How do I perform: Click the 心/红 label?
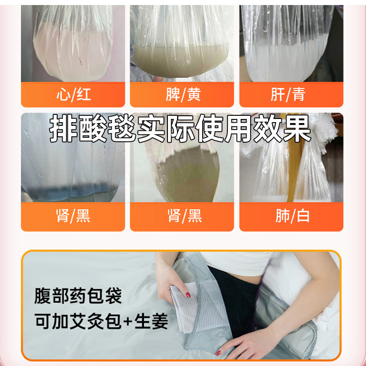(74, 94)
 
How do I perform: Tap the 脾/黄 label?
(183, 94)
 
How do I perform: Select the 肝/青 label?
(288, 94)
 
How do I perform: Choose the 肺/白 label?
(292, 216)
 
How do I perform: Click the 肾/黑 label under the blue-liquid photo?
(73, 216)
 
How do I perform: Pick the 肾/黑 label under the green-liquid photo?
(185, 216)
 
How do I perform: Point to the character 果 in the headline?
(296, 129)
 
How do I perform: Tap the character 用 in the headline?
(238, 129)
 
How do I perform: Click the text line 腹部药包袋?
(78, 296)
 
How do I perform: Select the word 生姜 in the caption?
(151, 321)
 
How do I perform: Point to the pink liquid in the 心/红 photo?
(72, 56)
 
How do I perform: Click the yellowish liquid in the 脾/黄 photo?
(180, 61)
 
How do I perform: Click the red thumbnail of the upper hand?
(188, 295)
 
